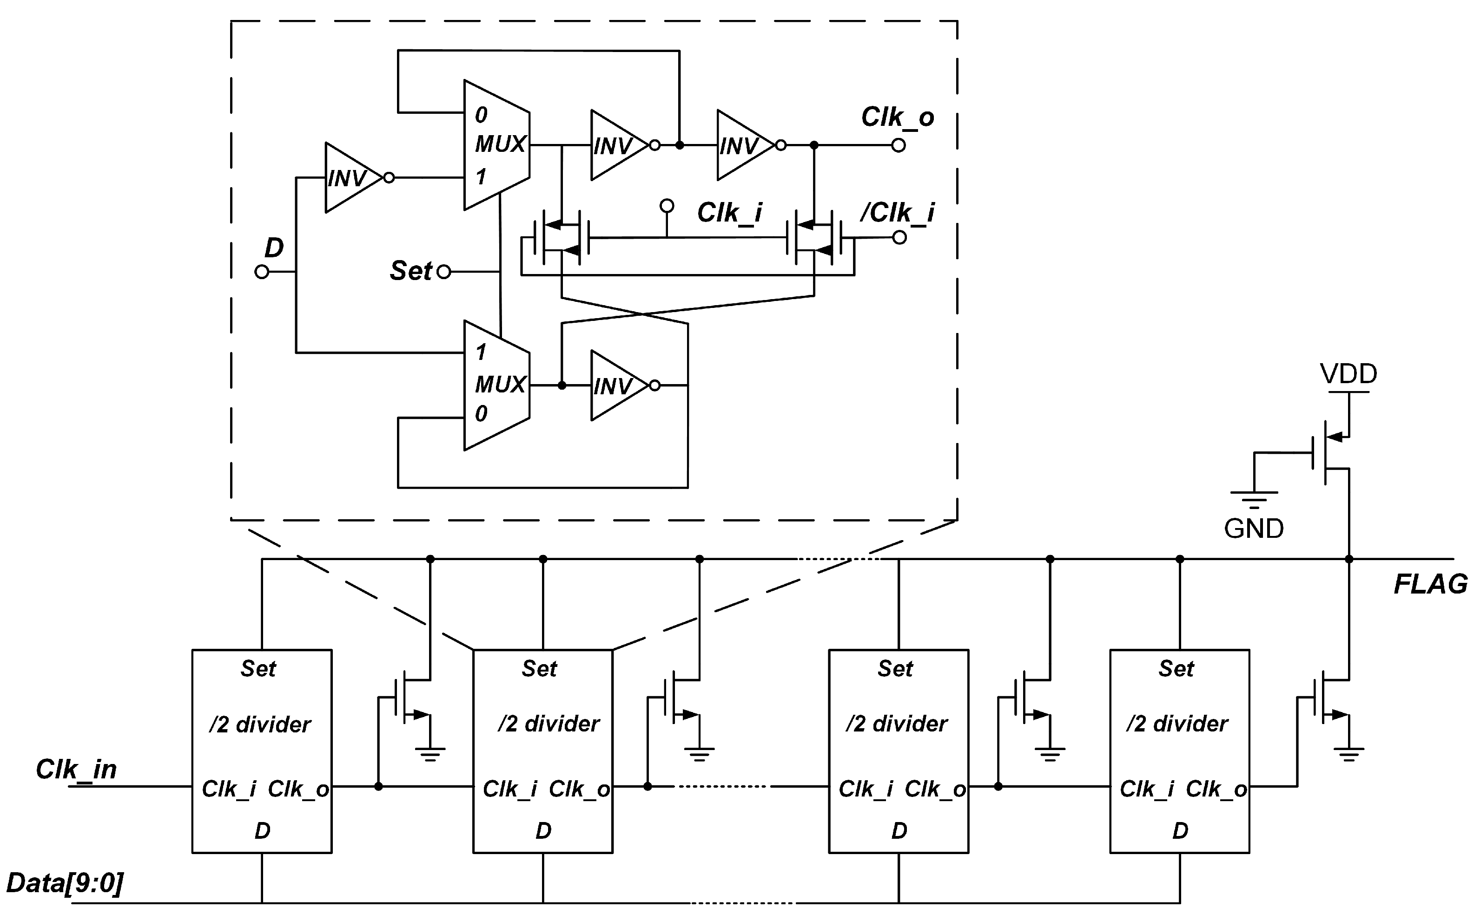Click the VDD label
click(1348, 374)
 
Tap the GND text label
click(1253, 529)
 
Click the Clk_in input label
click(76, 770)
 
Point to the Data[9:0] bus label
click(65, 883)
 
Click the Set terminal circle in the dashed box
click(444, 272)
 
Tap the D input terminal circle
click(262, 272)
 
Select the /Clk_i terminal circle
click(899, 238)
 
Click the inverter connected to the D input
click(351, 178)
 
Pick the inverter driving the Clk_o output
click(744, 145)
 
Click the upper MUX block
click(496, 145)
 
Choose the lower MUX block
click(496, 385)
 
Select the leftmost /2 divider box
click(262, 751)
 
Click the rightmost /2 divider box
click(1179, 751)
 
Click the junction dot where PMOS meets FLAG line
click(1349, 559)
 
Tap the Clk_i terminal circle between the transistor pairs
click(667, 206)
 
